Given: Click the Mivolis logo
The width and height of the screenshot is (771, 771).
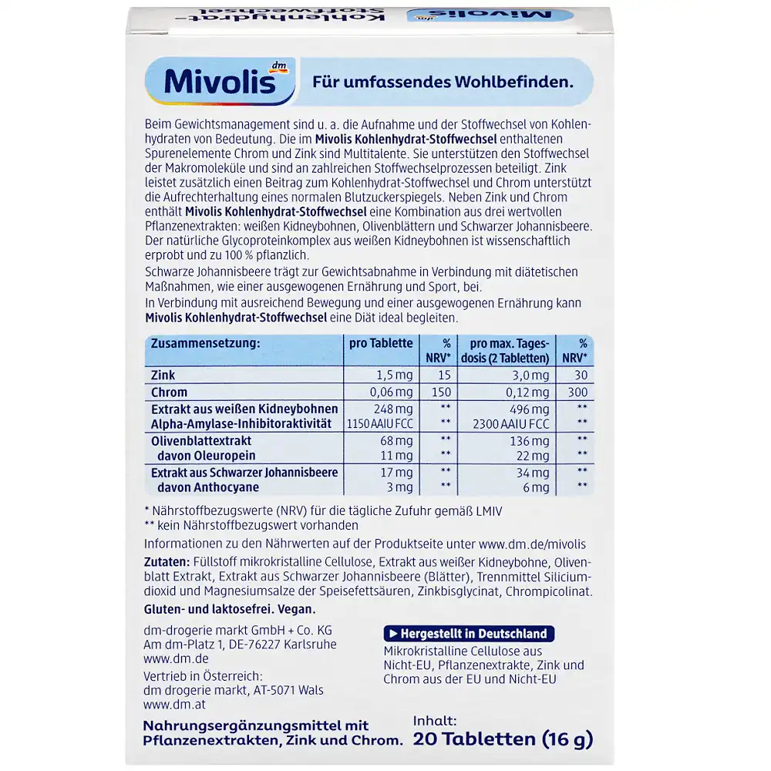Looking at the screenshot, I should [x=220, y=82].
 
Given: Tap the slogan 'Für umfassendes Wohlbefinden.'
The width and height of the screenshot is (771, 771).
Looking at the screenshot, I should [x=442, y=82].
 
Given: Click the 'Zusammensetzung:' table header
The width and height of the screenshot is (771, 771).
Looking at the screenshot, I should [x=205, y=343].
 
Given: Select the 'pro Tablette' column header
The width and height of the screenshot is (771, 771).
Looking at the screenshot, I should [x=379, y=343].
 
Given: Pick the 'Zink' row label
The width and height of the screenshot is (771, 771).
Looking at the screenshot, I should [x=163, y=375].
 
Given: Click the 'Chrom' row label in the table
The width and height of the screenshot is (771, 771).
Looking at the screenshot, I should [x=169, y=392].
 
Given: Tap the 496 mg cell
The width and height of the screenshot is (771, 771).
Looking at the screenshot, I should [x=530, y=409].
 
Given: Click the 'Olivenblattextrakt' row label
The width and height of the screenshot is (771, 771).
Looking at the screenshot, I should [x=201, y=441].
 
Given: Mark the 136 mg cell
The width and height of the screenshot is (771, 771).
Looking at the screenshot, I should [x=530, y=441].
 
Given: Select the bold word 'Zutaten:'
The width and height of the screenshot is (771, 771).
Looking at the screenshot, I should [x=167, y=562].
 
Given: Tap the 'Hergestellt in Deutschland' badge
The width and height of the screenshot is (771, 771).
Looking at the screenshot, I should [x=469, y=634].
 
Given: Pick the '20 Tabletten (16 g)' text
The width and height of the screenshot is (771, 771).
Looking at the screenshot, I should [x=503, y=739].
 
